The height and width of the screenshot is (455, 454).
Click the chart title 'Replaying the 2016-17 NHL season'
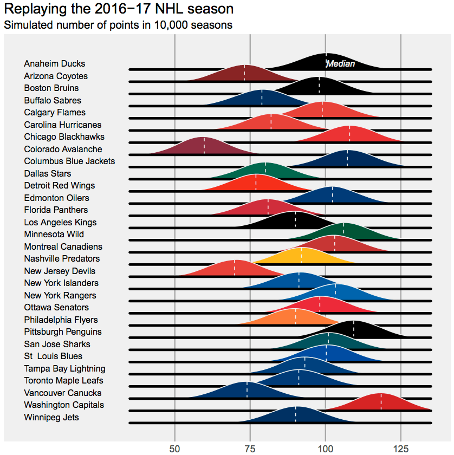(119, 9)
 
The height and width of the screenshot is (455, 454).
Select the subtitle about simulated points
(118, 25)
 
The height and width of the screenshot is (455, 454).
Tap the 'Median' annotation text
(341, 64)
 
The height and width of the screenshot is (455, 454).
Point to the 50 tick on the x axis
(174, 448)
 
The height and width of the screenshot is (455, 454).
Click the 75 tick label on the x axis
(250, 448)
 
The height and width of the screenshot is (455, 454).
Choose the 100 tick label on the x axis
(325, 448)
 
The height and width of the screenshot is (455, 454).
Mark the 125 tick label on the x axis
(400, 448)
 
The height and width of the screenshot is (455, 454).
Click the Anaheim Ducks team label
(54, 64)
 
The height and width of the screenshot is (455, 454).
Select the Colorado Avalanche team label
(63, 149)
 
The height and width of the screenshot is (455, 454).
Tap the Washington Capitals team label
(64, 405)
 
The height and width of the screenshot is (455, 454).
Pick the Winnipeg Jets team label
(51, 417)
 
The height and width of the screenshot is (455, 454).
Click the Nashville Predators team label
(62, 258)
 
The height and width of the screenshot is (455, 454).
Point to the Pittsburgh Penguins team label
(63, 331)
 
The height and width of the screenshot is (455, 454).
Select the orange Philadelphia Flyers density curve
(295, 318)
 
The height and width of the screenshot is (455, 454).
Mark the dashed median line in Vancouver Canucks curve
(247, 390)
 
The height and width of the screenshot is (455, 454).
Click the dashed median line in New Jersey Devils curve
(235, 268)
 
